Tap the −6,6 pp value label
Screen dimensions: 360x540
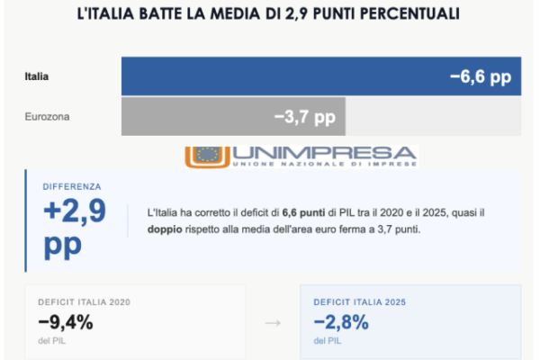480,77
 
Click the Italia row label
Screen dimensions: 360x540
37,76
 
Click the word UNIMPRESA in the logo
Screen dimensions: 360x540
324,153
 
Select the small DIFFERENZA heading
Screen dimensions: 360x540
72,186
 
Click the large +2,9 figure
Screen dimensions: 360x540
74,212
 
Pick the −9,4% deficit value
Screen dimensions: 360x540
65,322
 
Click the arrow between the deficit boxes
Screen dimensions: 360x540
272,322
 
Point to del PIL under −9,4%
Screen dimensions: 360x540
51,341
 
